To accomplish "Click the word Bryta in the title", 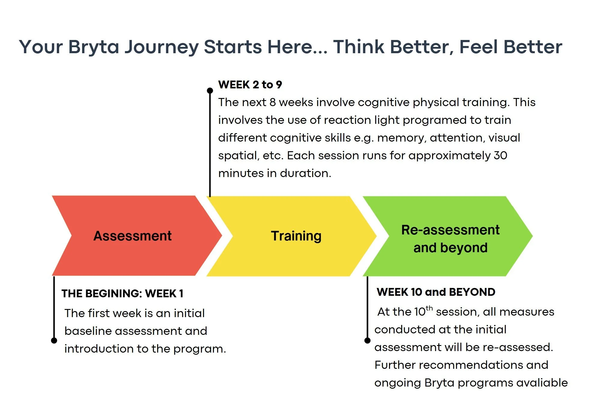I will pos(93,47).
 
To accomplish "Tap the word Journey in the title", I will pos(162,47).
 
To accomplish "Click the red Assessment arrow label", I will pos(133,236).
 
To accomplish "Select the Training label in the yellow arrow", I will pos(296,236).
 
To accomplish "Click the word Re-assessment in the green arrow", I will pos(450,230).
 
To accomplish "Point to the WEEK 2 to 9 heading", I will pos(250,85).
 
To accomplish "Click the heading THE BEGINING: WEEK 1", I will pos(122,293).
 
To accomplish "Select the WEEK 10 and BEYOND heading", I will pos(436,292).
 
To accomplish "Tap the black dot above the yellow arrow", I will pos(210,90).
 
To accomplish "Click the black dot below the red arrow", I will pos(54,340).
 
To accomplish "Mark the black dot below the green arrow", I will pos(367,340).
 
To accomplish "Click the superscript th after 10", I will pos(429,308).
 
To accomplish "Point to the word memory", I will pos(401,138).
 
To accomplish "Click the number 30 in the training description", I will pos(500,155).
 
